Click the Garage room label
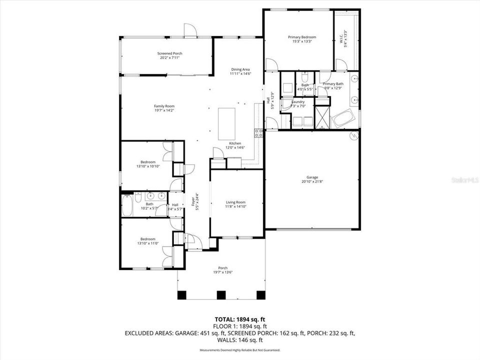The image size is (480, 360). [x=312, y=177]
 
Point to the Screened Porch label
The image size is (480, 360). [x=169, y=53]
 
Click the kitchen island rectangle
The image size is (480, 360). [x=226, y=124]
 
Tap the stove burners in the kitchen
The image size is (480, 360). [x=259, y=133]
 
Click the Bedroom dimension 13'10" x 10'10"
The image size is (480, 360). [x=148, y=166]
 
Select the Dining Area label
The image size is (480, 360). [x=240, y=69]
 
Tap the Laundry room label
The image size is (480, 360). [x=298, y=101]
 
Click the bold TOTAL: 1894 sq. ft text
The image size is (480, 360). [x=239, y=318]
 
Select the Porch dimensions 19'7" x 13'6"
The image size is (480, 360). [x=222, y=272]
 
